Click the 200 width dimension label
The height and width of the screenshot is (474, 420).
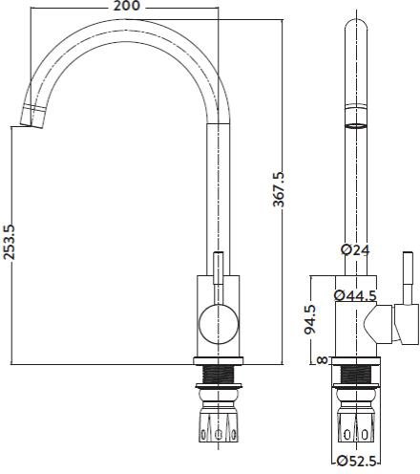coord(127,6)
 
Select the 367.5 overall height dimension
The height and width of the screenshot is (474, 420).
coord(279,189)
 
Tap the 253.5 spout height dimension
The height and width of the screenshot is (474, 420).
coord(8,242)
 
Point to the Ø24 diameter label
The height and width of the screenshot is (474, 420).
coord(355,250)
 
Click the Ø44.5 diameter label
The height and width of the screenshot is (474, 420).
coord(355,296)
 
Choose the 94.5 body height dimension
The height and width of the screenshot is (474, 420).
coord(310,319)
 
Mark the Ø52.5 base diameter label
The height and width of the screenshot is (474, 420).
coord(356,462)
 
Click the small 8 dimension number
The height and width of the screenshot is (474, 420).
coord(323,360)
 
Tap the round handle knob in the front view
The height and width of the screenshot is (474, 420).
coord(219,324)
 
